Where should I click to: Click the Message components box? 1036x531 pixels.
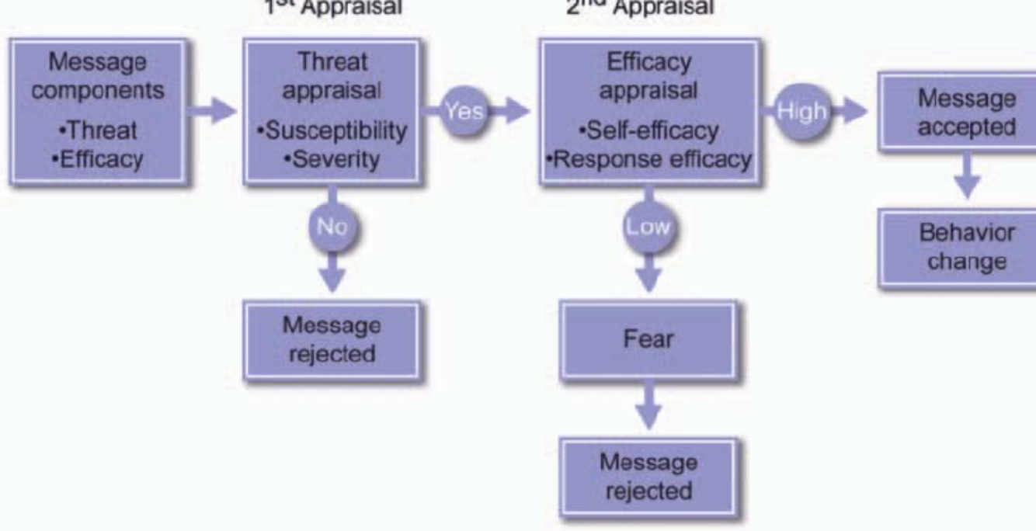click(x=98, y=111)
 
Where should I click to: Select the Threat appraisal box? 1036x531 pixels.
click(x=332, y=111)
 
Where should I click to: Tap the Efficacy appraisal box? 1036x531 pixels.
click(x=648, y=111)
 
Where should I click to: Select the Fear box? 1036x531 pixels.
click(x=648, y=339)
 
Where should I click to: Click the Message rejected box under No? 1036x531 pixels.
click(x=332, y=340)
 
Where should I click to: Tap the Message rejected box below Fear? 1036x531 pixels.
click(x=648, y=477)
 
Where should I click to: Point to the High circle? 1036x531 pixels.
click(x=802, y=111)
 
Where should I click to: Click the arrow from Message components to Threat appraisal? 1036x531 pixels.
click(x=213, y=111)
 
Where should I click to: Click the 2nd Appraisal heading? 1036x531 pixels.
click(x=649, y=7)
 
